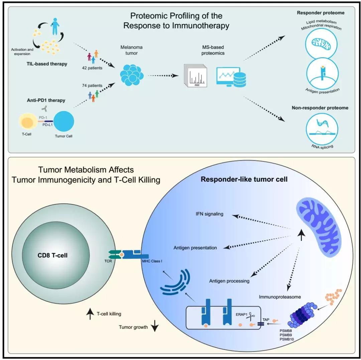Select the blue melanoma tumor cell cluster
coord(132,72)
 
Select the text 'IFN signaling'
coord(210,214)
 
